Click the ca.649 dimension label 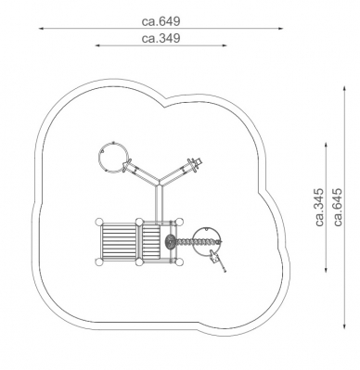point(161,21)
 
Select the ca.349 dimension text point(161,38)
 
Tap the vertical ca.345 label point(320,207)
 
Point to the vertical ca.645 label point(338,207)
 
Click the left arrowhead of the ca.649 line point(41,29)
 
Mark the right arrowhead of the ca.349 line point(225,45)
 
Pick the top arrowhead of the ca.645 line point(344,89)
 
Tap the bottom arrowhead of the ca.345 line point(326,271)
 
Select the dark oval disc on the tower point(170,241)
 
